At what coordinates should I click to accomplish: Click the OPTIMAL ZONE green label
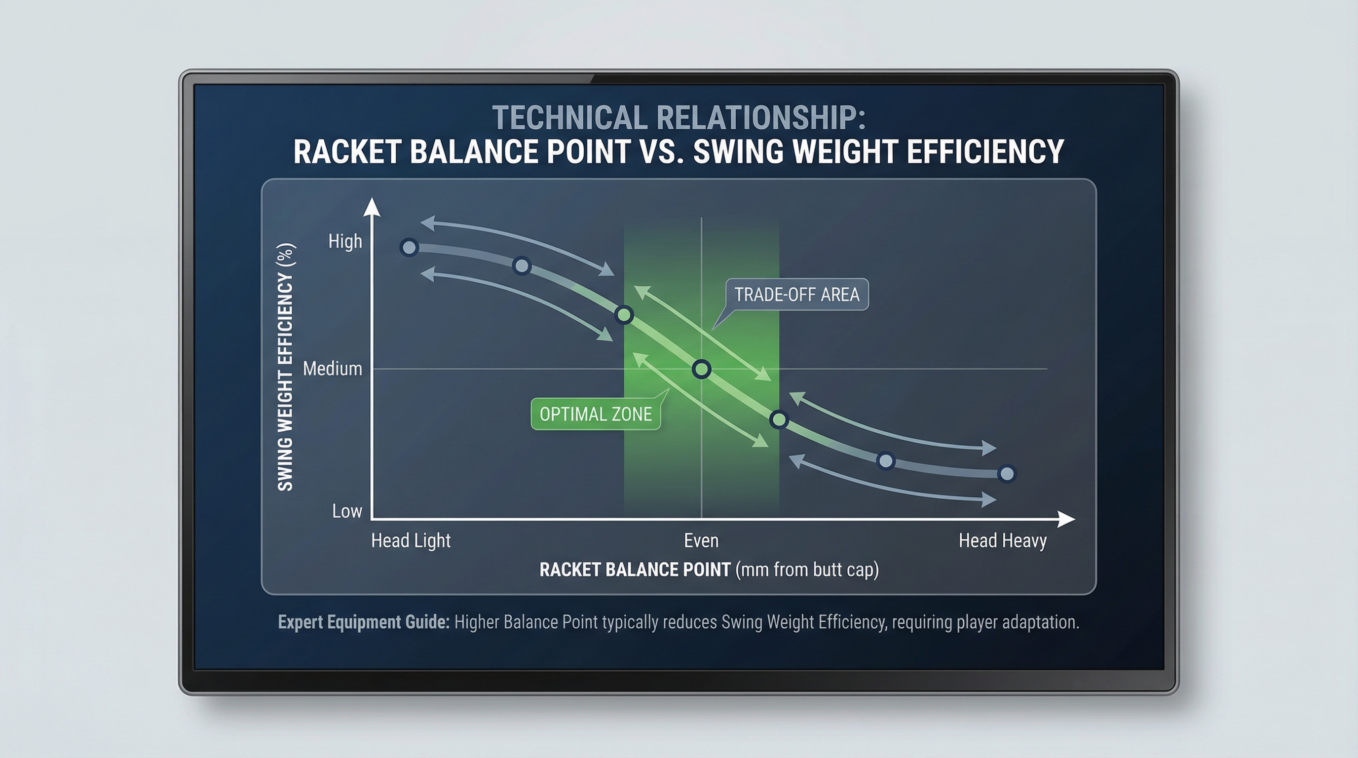pyautogui.click(x=596, y=415)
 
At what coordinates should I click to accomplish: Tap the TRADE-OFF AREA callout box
pyautogui.click(x=796, y=295)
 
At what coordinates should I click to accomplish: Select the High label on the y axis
pyautogui.click(x=345, y=241)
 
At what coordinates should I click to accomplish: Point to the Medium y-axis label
pyautogui.click(x=333, y=369)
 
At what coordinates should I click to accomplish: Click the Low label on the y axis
pyautogui.click(x=347, y=511)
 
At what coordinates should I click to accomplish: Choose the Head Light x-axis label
pyautogui.click(x=411, y=540)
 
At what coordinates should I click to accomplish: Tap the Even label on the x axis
pyautogui.click(x=701, y=540)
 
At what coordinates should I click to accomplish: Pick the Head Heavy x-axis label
pyautogui.click(x=1002, y=540)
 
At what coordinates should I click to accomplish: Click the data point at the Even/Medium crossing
pyautogui.click(x=702, y=369)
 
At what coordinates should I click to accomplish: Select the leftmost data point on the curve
pyautogui.click(x=409, y=247)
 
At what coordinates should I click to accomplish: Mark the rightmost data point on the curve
pyautogui.click(x=1007, y=474)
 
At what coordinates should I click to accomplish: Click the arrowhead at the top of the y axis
pyautogui.click(x=372, y=207)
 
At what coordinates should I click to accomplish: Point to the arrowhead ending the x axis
pyautogui.click(x=1066, y=519)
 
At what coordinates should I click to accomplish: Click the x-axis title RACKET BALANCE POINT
pyautogui.click(x=635, y=570)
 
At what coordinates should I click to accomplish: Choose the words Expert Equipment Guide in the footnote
pyautogui.click(x=363, y=622)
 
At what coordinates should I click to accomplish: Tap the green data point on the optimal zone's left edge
pyautogui.click(x=624, y=315)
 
